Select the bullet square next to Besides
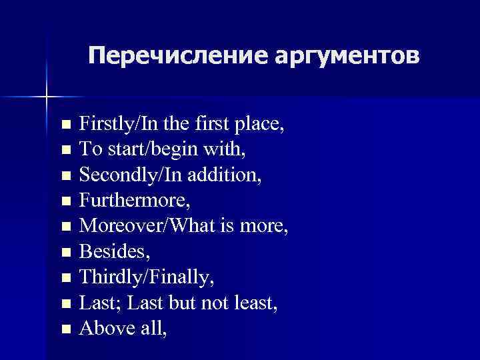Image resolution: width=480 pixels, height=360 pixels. click(x=65, y=252)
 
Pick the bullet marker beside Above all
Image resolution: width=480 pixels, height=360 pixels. click(x=65, y=328)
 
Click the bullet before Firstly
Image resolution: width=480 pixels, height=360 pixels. click(x=65, y=125)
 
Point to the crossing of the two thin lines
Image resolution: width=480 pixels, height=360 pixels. click(x=46, y=97)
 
